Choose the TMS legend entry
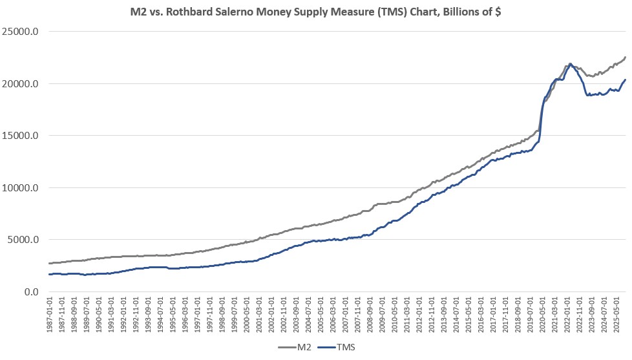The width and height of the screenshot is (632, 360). tap(348, 348)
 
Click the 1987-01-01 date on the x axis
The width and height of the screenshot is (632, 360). tap(50, 315)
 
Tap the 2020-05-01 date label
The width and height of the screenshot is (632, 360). tap(542, 315)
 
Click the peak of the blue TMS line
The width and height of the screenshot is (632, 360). tap(570, 64)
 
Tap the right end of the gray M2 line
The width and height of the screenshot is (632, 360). tap(625, 58)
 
